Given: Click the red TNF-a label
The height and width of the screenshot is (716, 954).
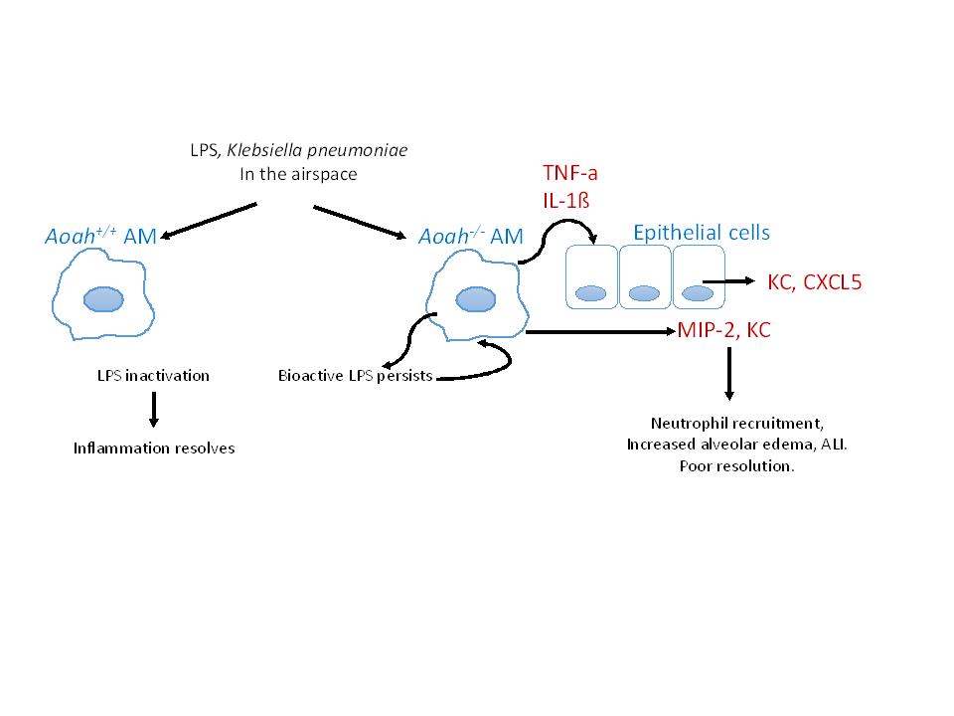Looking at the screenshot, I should [x=570, y=173].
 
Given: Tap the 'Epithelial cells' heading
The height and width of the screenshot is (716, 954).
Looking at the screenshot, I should [x=702, y=233].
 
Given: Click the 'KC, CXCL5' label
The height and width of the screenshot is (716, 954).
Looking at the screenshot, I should [x=815, y=282].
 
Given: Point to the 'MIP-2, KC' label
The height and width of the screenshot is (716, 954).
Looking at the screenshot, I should [x=723, y=329].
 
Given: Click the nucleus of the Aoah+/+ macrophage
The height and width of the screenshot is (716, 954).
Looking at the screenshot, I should [x=103, y=298].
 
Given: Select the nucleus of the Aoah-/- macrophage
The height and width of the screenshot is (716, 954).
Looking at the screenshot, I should [x=474, y=299].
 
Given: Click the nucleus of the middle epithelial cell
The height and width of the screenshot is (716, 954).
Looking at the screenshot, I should [x=645, y=293].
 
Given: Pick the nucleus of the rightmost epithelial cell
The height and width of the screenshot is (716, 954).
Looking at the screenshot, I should [x=698, y=293].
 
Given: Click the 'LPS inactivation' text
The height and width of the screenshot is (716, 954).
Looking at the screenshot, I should [x=153, y=375].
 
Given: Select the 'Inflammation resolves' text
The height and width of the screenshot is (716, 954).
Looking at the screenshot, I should [x=154, y=447].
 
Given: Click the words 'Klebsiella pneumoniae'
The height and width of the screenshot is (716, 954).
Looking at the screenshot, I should [x=338, y=150].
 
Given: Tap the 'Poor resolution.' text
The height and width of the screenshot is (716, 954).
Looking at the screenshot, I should [x=736, y=465].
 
